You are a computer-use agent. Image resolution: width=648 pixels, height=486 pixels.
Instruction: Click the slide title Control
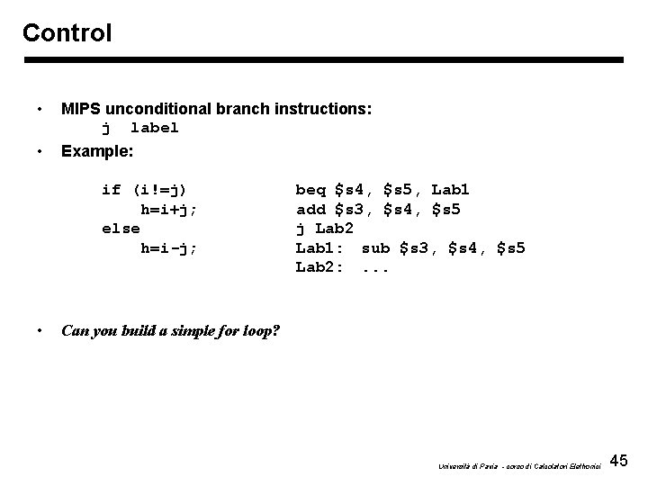pos(67,33)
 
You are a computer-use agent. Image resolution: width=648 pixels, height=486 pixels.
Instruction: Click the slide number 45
pos(618,462)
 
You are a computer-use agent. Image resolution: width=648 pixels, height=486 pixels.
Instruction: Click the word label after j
pos(155,128)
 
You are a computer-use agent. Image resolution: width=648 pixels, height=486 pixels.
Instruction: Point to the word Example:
pos(94,150)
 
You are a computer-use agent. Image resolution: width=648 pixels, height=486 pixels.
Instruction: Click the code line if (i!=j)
pos(145,190)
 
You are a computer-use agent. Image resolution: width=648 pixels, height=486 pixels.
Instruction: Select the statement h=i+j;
pos(169,209)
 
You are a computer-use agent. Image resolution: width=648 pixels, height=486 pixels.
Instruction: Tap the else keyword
pos(121,229)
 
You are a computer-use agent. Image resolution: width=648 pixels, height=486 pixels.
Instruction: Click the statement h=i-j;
pos(169,248)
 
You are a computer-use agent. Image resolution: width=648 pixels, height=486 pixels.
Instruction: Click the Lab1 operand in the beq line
pos(450,190)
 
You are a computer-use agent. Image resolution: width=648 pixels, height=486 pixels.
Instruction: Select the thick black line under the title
pos(323,60)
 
